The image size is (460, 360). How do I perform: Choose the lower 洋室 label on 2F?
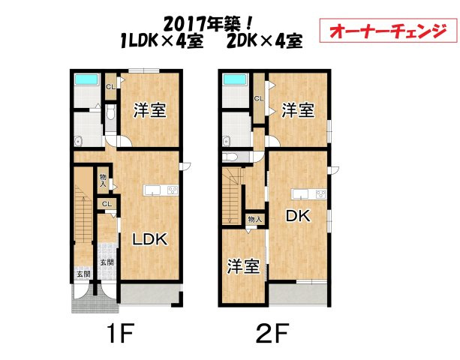tap(244, 266)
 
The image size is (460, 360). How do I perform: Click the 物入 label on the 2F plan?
tap(255, 219)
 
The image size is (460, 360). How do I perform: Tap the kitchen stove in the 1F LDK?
tap(172, 189)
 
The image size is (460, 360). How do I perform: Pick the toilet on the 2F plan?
tap(230, 156)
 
